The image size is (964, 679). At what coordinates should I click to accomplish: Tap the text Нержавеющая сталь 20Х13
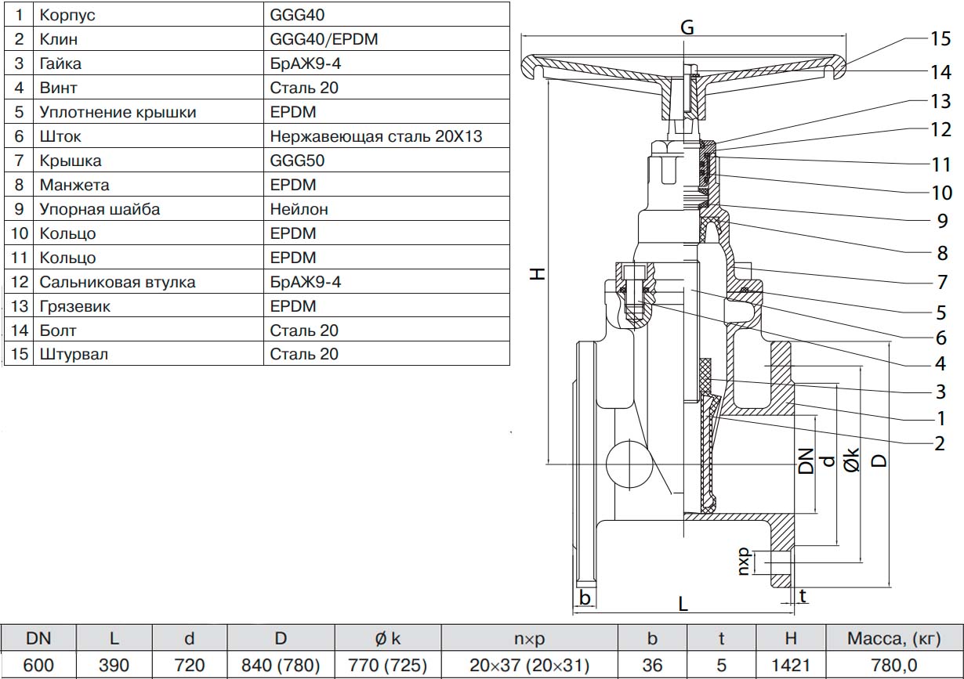tap(375, 136)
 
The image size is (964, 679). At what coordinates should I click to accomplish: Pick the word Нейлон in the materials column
tap(299, 209)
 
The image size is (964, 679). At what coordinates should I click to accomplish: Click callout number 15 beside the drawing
tap(940, 38)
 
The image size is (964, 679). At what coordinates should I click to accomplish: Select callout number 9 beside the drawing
tap(943, 222)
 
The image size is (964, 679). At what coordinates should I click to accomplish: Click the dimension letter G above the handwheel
tap(687, 27)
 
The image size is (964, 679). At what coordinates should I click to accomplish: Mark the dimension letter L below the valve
tap(683, 604)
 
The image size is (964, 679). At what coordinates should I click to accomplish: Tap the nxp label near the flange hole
tap(745, 561)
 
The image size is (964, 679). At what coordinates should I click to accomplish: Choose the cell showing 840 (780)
tap(281, 666)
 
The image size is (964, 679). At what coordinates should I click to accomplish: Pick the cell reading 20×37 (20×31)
tap(530, 666)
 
